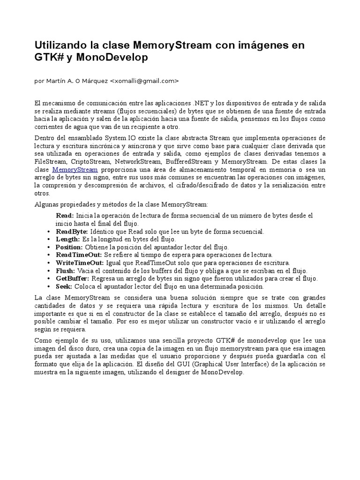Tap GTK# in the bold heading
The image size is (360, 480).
(x=48, y=58)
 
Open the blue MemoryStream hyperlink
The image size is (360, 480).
(x=75, y=170)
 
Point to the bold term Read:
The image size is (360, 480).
(x=65, y=215)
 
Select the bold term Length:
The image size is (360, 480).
(x=67, y=240)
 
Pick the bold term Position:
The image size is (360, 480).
(x=69, y=247)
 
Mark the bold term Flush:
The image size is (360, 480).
(x=65, y=271)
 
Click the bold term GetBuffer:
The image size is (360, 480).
(x=72, y=278)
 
